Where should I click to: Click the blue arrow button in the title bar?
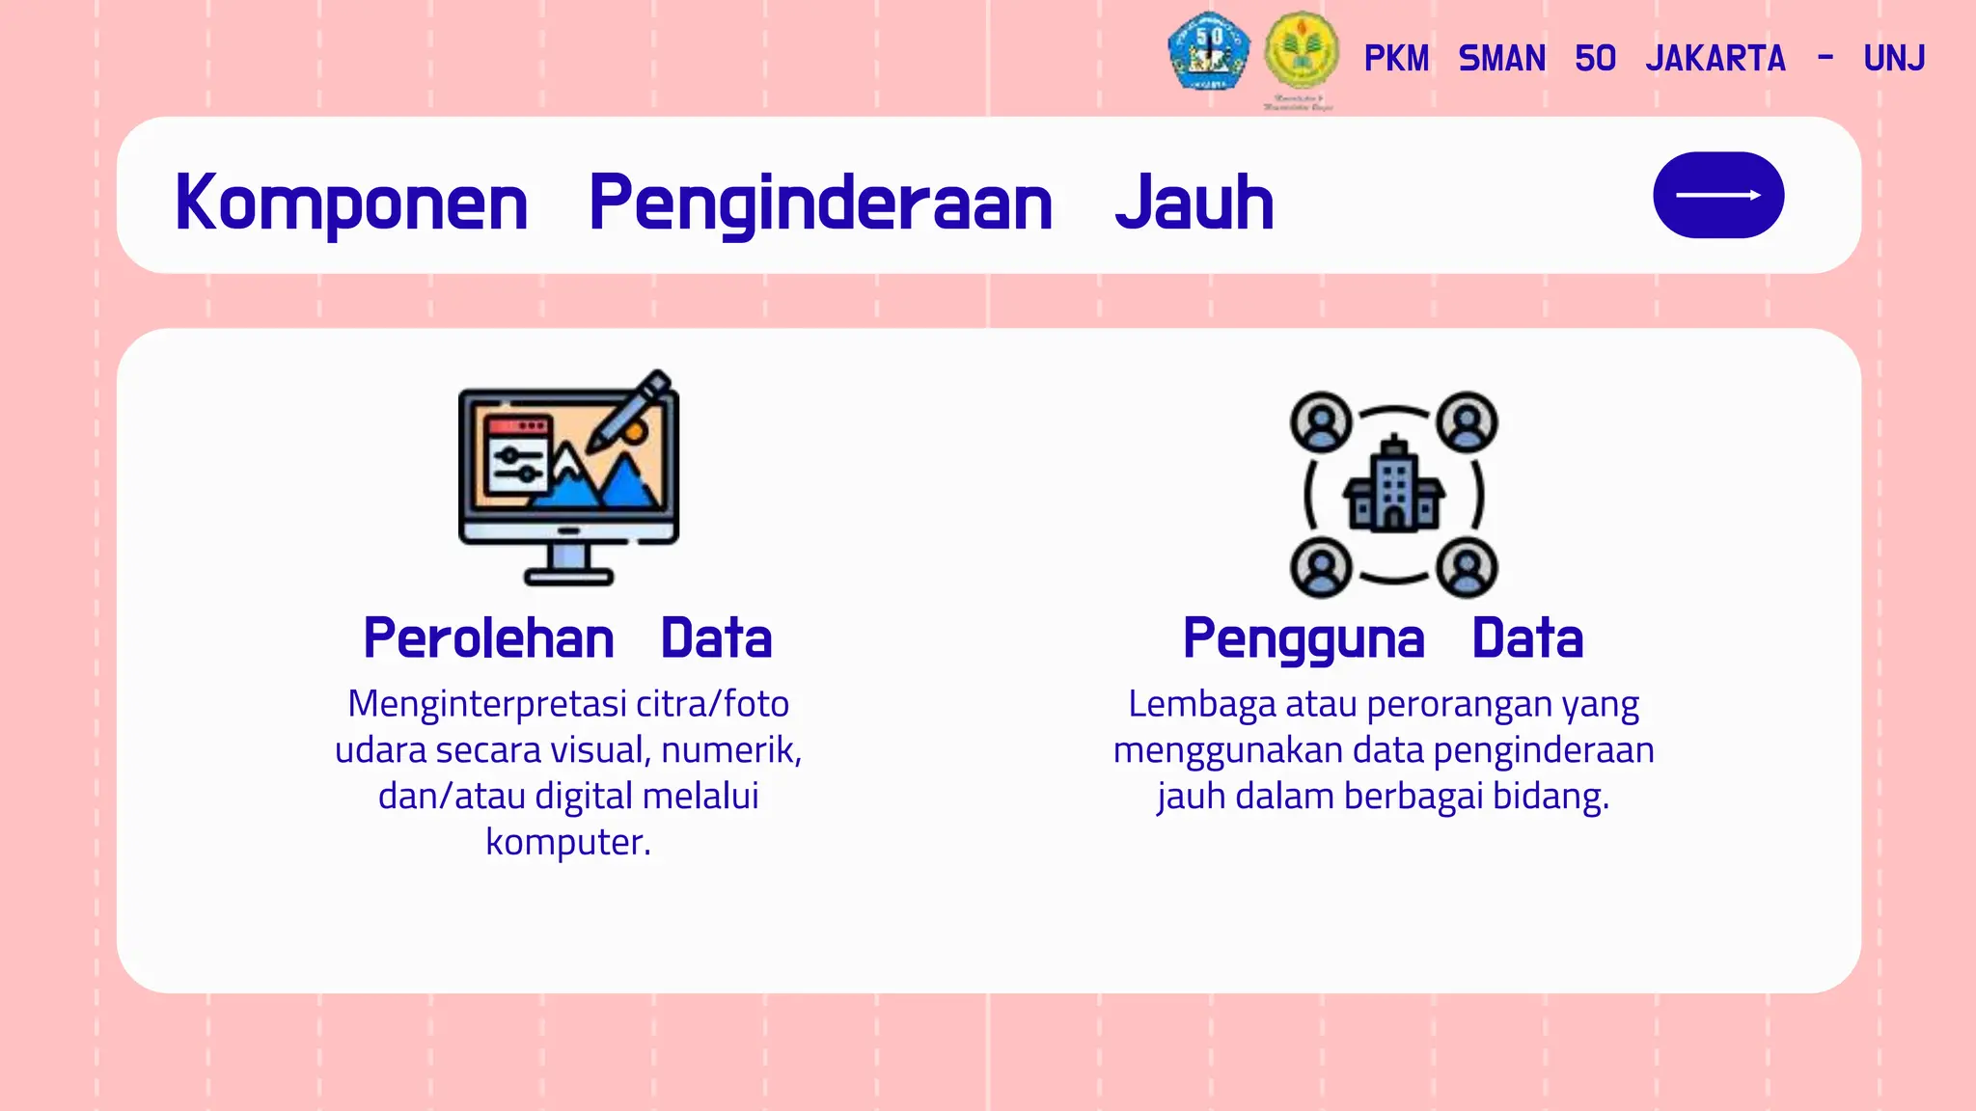[1718, 195]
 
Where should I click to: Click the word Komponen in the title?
[351, 203]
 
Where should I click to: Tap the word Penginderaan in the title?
[820, 203]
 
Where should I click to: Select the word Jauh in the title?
[1194, 203]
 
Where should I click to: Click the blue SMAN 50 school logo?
[1208, 51]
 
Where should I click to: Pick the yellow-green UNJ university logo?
[1302, 51]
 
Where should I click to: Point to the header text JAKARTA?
[1715, 59]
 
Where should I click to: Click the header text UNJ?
[1894, 59]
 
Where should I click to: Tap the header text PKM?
[1396, 59]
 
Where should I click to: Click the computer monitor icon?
[567, 482]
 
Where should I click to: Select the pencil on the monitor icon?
[632, 410]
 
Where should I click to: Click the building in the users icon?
[1393, 487]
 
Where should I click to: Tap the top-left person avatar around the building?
[1321, 422]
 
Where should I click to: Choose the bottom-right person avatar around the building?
[1467, 567]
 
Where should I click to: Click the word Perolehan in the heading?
[488, 638]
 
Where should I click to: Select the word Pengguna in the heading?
[1304, 638]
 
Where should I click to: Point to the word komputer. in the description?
[568, 842]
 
